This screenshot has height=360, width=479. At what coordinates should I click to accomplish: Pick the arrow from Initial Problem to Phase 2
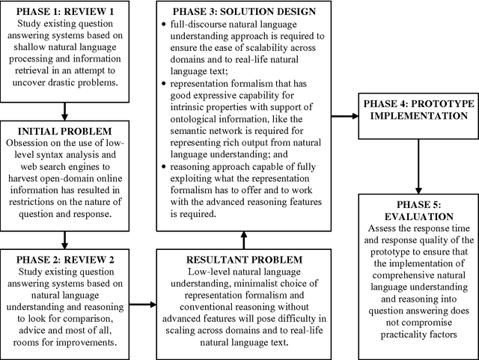click(65, 240)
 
